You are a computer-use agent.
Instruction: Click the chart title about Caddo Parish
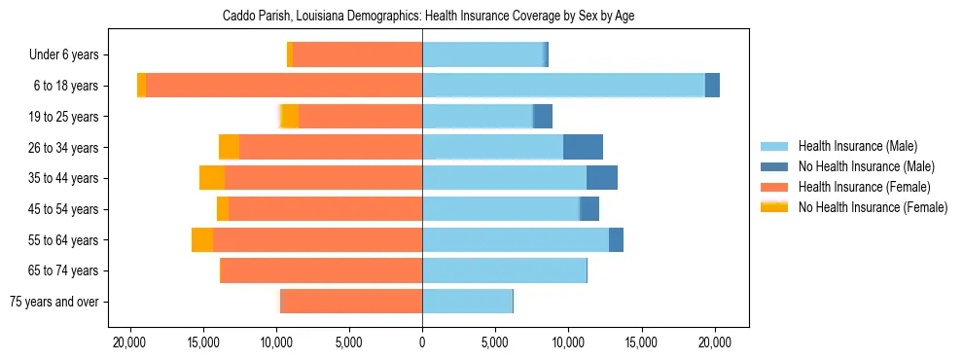(428, 17)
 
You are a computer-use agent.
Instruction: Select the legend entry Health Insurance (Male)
(857, 146)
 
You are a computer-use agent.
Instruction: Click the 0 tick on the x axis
(422, 342)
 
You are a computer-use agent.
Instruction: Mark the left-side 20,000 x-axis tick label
(129, 342)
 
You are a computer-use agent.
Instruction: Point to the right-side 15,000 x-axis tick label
(642, 342)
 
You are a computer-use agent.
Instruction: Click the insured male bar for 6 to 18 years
(563, 86)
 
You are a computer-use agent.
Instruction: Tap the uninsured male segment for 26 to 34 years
(583, 147)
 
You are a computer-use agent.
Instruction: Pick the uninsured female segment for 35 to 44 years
(212, 178)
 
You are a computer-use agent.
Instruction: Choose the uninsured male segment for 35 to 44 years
(602, 178)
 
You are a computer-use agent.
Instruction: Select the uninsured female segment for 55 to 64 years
(202, 239)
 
